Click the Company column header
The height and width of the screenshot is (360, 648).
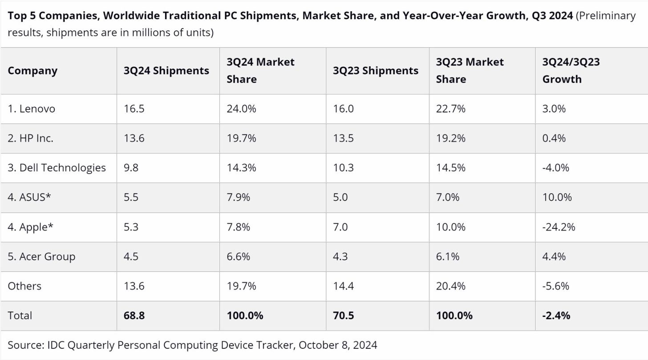coord(32,71)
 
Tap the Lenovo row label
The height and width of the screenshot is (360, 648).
coord(31,109)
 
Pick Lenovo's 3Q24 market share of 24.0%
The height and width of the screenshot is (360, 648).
coord(241,109)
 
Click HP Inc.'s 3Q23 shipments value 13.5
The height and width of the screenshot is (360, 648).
coord(343,138)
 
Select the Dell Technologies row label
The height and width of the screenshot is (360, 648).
coord(57,168)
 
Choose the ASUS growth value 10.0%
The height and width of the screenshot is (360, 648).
coord(557,197)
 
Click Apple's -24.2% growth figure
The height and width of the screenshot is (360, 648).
coord(559,227)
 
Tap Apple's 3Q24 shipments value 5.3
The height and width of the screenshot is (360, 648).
coord(131,227)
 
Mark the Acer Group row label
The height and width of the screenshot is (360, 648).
coord(41,257)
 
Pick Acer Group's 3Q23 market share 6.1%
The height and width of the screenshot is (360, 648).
coord(448,257)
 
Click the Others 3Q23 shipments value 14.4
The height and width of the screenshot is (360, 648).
coord(343,286)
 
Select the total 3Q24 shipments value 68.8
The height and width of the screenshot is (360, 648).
coord(134,316)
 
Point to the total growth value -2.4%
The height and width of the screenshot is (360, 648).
coord(556,316)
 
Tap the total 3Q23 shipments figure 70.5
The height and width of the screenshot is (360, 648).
coord(344,316)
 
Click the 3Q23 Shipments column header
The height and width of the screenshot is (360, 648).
coord(375,71)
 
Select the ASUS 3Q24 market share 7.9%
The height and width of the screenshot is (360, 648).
coord(239,197)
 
